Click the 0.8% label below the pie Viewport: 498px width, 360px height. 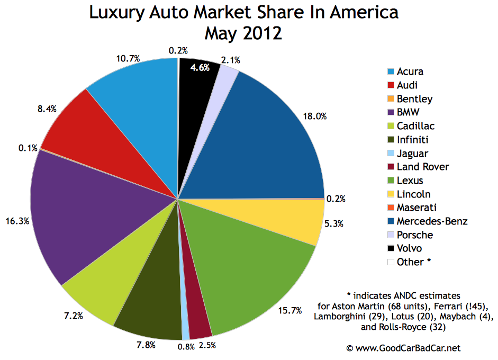[x=186, y=347]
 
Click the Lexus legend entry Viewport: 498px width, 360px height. [x=410, y=181]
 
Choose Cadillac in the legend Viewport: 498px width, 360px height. [x=415, y=126]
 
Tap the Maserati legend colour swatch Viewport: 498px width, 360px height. [x=391, y=208]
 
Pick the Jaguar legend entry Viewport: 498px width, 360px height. [x=413, y=153]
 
